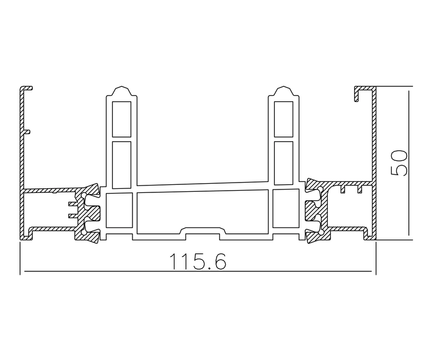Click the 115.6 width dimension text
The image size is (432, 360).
(198, 262)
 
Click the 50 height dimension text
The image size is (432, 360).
(399, 163)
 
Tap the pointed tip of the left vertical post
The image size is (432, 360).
(122, 86)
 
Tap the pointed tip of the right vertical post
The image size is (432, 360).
(284, 86)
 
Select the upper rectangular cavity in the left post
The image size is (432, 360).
(122, 119)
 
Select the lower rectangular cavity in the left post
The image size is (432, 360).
(122, 165)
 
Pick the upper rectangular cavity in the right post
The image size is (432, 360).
(283, 119)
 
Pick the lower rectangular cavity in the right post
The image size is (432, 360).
(283, 163)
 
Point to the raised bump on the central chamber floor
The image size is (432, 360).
(203, 231)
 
